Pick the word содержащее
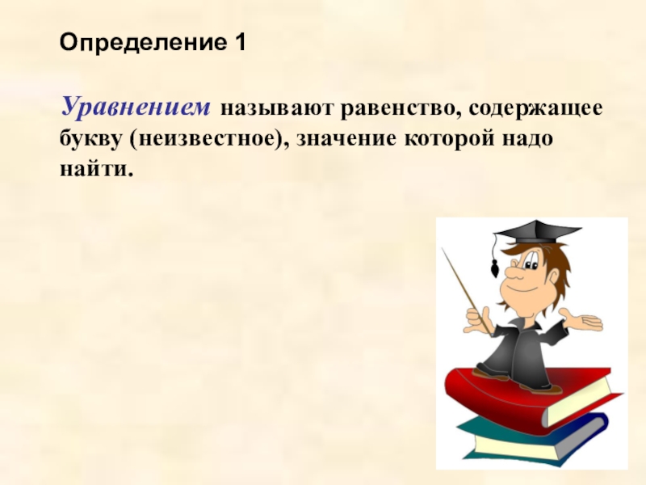click(533, 108)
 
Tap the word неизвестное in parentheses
click(208, 138)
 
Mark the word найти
click(93, 169)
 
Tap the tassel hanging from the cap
click(494, 267)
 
